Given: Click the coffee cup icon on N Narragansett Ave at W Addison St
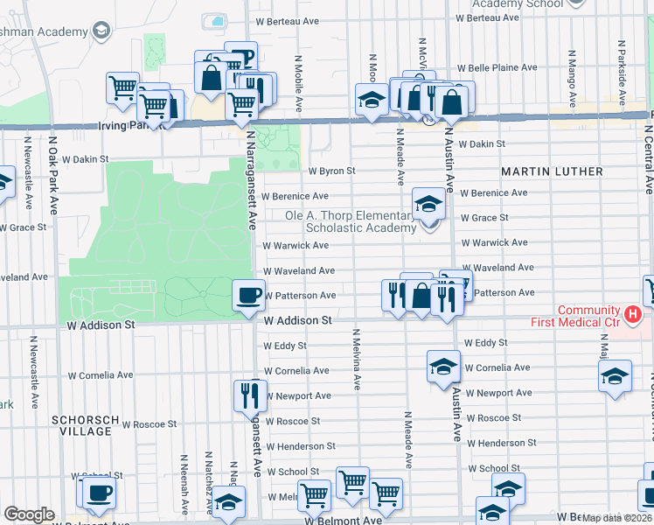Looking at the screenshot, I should tap(249, 295).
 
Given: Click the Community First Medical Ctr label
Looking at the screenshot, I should tap(589, 317).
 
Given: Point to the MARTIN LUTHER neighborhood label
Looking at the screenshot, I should tap(552, 171).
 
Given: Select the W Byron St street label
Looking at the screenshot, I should tap(332, 171).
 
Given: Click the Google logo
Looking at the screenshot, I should tap(29, 514).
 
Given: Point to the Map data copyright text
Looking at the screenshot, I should tap(616, 518).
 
